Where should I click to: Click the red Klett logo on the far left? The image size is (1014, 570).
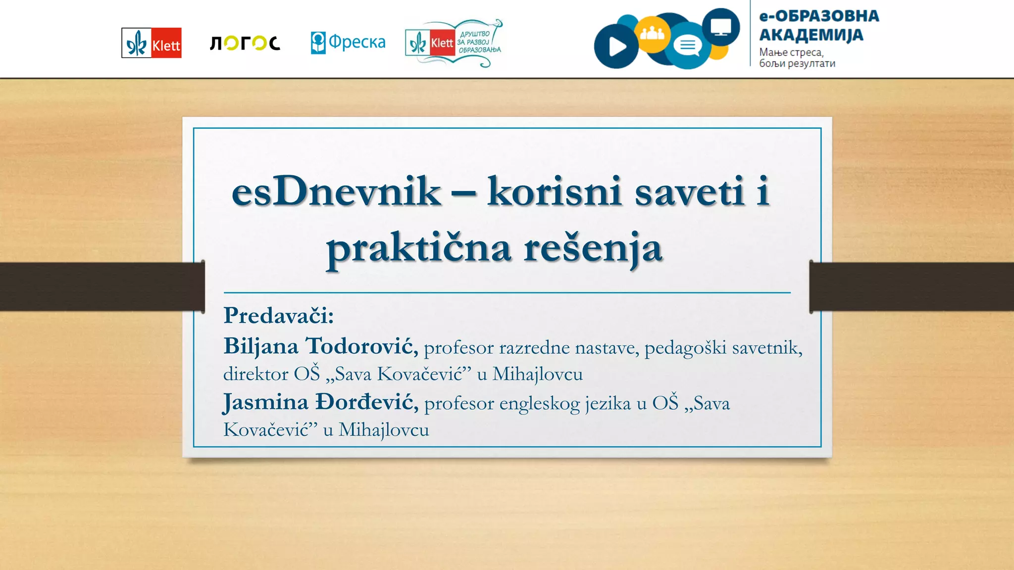point(152,43)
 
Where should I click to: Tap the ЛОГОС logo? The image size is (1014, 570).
point(245,43)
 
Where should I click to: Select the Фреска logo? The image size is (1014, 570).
point(348,43)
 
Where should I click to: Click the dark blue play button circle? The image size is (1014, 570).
point(615,47)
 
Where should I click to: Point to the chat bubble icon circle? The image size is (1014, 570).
point(688,46)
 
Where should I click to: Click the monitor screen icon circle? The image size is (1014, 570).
point(721,26)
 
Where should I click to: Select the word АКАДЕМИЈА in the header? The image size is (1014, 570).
point(811,35)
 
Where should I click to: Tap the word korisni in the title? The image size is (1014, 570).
point(554,191)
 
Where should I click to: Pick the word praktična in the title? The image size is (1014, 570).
point(418,248)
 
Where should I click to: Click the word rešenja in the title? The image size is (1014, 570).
point(593,248)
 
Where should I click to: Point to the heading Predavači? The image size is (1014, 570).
point(279,316)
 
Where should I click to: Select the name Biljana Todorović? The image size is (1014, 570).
point(320,346)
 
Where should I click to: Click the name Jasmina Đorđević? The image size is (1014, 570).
point(320,402)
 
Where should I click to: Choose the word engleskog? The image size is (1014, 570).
point(539,404)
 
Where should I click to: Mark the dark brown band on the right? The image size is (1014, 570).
point(911,286)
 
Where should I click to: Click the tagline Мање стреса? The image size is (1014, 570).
point(791,52)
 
